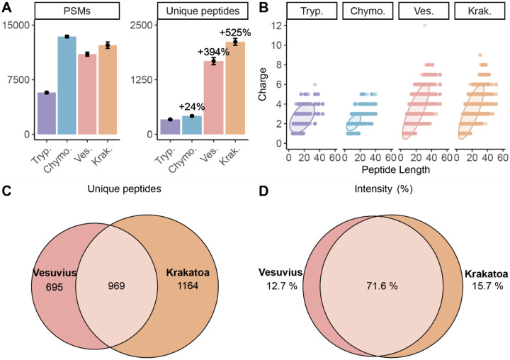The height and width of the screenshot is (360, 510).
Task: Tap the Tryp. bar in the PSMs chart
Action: point(47,113)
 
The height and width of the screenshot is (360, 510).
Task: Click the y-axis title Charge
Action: point(263,84)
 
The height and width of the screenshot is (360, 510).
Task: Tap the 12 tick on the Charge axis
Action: point(280,26)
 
